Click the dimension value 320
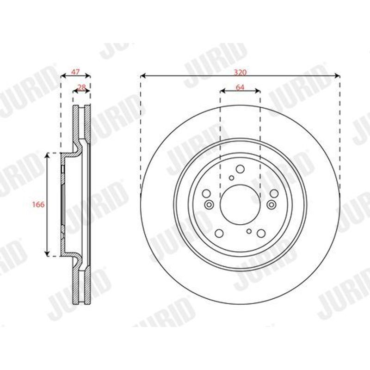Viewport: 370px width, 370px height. [240, 72]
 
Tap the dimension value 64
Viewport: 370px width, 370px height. [240, 87]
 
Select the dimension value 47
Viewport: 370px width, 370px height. [75, 72]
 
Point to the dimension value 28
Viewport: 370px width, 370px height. [81, 87]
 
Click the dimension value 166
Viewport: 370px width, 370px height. [38, 204]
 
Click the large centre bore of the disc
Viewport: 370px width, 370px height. [240, 205]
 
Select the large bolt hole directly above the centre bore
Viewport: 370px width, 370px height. [240, 169]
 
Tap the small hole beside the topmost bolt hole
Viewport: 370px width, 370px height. [232, 178]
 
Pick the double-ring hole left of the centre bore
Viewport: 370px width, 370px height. [209, 204]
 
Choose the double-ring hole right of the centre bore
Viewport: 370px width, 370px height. [271, 204]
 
